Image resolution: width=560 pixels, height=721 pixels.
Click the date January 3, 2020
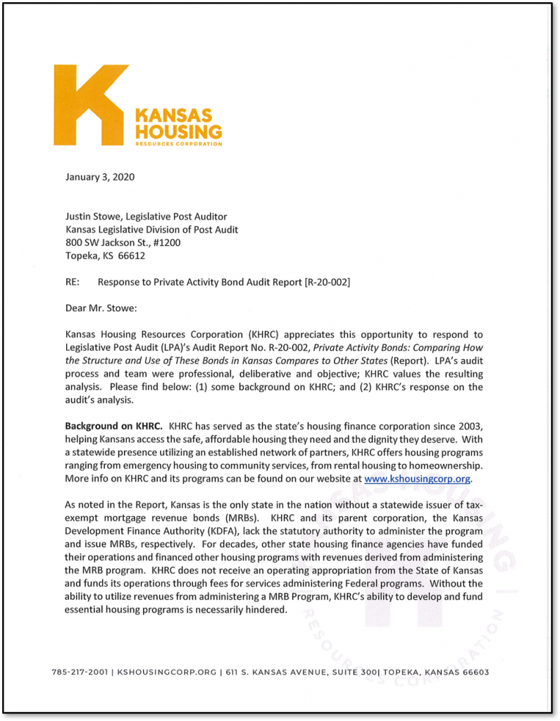(x=100, y=177)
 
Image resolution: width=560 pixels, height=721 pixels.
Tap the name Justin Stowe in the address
(x=94, y=216)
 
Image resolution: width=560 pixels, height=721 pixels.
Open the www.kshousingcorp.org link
(x=417, y=479)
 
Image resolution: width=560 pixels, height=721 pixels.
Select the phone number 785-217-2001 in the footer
(x=80, y=672)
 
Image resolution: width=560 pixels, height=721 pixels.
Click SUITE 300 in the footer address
(x=354, y=672)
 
